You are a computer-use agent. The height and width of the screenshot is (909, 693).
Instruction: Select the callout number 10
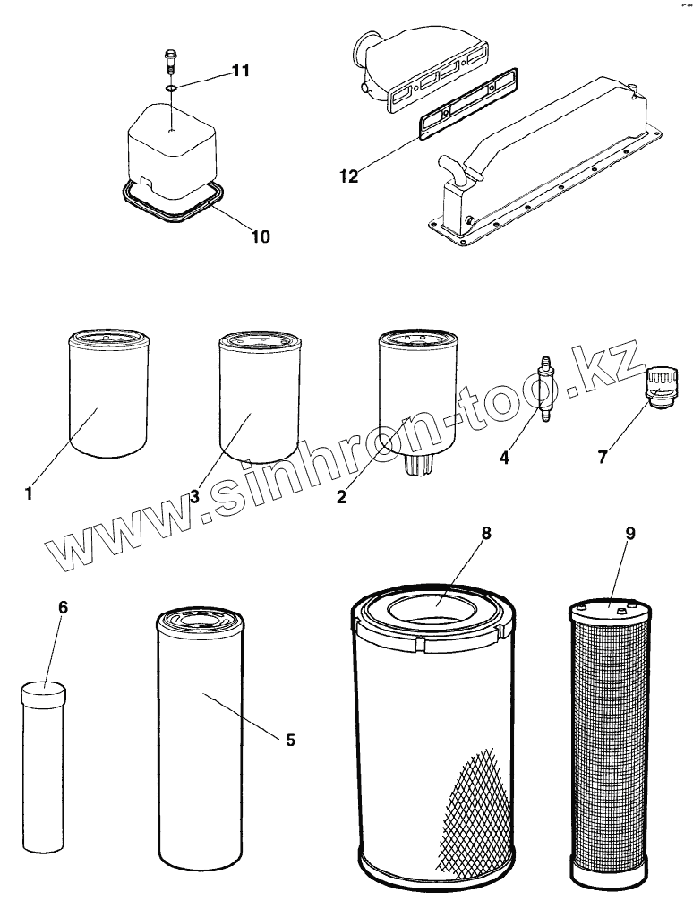pos(259,236)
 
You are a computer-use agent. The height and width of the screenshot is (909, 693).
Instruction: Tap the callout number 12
pos(348,176)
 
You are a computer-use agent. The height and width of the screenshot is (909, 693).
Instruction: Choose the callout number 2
pos(341,497)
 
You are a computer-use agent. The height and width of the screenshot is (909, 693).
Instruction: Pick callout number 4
pos(505,458)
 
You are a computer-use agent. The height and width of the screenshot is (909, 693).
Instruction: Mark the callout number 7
pos(603,458)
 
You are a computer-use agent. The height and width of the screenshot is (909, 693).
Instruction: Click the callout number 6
pos(62,607)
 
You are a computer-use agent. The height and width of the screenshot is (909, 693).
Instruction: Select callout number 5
pos(290,740)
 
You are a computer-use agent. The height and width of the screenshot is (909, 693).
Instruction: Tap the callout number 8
pos(486,534)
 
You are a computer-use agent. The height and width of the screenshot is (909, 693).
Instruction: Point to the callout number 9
pos(630,534)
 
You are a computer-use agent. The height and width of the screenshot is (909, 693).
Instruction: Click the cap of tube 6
pos(43,692)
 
